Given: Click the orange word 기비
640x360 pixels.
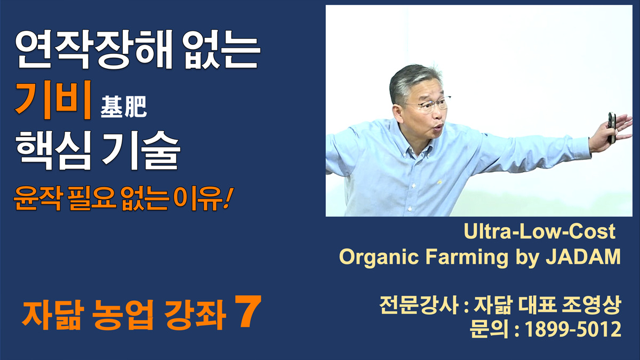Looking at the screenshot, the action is (x=53, y=100).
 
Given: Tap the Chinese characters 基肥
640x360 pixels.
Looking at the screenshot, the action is (x=123, y=107).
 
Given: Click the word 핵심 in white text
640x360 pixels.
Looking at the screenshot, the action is (x=53, y=150).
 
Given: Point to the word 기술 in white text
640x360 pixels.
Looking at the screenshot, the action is (x=141, y=150).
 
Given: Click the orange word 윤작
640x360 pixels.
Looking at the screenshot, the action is (x=37, y=198).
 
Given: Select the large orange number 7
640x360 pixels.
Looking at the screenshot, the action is (x=248, y=311).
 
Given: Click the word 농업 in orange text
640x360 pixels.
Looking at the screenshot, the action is (x=123, y=315).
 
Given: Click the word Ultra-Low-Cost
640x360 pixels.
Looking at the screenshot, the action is (x=539, y=231).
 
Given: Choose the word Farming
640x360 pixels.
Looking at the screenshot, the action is (x=467, y=258).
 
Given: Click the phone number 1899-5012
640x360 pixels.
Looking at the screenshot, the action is (x=573, y=330).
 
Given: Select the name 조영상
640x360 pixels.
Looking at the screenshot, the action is (x=591, y=305).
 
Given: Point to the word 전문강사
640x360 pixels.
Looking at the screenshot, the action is (x=419, y=305).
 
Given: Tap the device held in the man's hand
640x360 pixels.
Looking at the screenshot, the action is (x=611, y=127).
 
